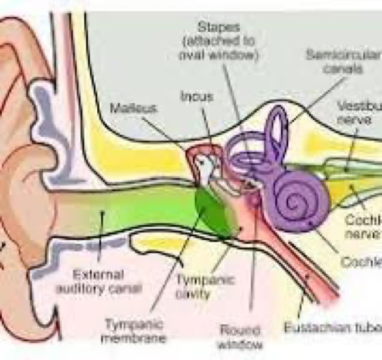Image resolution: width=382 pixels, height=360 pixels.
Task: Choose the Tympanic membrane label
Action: (x=133, y=331)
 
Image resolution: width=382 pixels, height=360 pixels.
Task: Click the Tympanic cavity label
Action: (x=197, y=286)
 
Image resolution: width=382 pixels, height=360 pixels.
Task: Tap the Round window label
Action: (x=241, y=337)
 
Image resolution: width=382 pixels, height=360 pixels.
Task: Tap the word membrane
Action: (x=134, y=338)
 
